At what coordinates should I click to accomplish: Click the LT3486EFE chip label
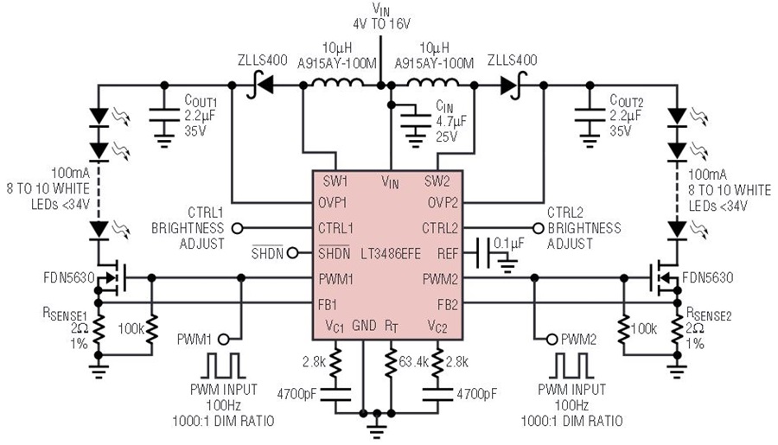[391, 254]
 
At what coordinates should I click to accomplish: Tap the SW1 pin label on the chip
[335, 181]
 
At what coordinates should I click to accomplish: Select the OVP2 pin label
[443, 203]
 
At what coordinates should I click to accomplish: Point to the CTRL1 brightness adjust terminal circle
[238, 228]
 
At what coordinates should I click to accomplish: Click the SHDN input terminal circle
[293, 253]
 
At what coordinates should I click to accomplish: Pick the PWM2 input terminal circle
[552, 340]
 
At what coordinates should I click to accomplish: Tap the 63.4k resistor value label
[413, 362]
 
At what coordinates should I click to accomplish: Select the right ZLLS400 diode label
[512, 60]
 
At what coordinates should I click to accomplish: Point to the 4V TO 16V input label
[381, 24]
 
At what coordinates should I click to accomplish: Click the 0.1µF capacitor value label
[509, 243]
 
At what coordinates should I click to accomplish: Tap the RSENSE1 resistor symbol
[99, 329]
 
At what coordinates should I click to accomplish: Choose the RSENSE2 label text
[709, 314]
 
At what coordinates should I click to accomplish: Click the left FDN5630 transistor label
[69, 278]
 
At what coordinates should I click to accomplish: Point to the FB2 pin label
[448, 305]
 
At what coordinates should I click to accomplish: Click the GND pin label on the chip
[364, 326]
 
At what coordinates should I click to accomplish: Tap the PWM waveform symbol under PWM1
[224, 366]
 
